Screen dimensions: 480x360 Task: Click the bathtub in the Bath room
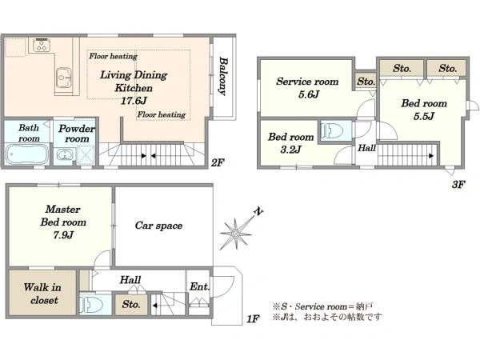[x=27, y=154]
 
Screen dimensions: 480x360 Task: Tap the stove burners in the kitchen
[x=42, y=46]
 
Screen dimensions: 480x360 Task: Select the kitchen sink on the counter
[x=64, y=77]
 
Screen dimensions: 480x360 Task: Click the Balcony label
[x=224, y=77]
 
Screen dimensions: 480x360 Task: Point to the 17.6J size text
[x=134, y=101]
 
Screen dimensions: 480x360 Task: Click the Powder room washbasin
[x=65, y=154]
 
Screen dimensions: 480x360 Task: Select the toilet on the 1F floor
[x=91, y=304]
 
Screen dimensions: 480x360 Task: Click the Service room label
[x=307, y=82]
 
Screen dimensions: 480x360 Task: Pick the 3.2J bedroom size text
[x=291, y=150]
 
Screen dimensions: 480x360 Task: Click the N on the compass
[x=259, y=211]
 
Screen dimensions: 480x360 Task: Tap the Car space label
[x=158, y=226]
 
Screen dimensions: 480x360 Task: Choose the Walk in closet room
[x=42, y=293]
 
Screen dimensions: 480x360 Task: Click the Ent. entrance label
[x=199, y=287]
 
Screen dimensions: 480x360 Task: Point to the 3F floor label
[x=458, y=184]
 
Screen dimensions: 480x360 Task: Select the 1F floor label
[x=254, y=319]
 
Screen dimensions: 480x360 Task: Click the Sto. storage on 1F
[x=131, y=305]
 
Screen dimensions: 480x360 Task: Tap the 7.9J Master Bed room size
[x=63, y=235]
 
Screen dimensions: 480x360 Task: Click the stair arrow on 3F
[x=431, y=156]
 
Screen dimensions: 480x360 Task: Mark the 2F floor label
[x=218, y=163]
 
